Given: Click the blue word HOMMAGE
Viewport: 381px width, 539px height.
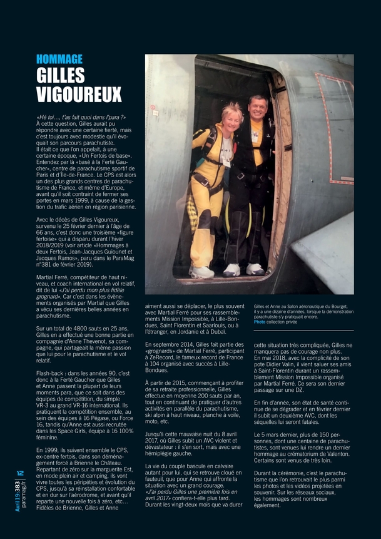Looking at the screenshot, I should (x=59, y=59).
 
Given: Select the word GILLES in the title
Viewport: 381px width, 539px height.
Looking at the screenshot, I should (x=60, y=76).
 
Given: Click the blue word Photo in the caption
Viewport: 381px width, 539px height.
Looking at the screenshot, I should (x=259, y=321).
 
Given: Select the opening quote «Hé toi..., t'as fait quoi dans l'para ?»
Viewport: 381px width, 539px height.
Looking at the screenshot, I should (x=81, y=117).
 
